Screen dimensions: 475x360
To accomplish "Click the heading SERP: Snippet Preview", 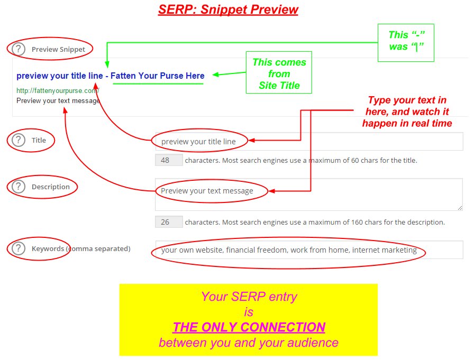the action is click(228, 10).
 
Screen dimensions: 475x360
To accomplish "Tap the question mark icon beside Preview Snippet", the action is click(19, 49).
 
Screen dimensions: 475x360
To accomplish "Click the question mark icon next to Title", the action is click(19, 140).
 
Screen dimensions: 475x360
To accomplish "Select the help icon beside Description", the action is click(19, 187).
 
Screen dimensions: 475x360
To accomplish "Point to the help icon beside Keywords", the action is click(19, 248).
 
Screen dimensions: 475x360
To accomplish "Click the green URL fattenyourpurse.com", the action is click(58, 90).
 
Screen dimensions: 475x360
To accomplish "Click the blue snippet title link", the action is click(110, 76).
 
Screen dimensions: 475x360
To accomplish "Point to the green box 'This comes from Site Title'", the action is click(279, 73).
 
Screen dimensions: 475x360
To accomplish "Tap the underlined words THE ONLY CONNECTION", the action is click(249, 327).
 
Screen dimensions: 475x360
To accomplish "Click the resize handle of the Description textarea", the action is click(460, 208).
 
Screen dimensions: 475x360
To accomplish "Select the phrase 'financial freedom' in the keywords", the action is click(257, 250).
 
